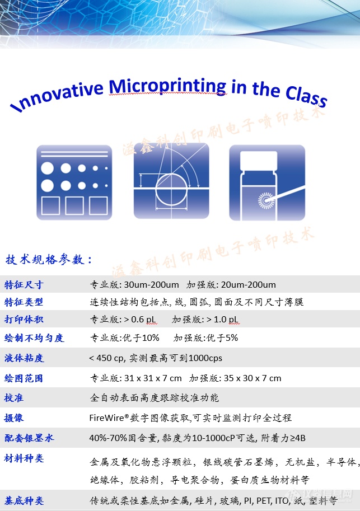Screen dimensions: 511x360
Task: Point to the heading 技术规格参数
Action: click(49, 260)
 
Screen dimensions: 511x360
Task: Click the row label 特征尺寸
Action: click(24, 284)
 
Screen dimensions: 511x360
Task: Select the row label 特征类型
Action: click(24, 302)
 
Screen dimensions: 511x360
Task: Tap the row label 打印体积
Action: click(24, 320)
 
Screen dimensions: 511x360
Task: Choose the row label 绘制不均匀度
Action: click(34, 338)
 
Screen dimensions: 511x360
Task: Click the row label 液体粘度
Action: click(24, 358)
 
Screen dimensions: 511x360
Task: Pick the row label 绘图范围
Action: click(24, 378)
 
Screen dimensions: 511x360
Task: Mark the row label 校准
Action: click(14, 398)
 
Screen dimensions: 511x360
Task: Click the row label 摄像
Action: click(14, 418)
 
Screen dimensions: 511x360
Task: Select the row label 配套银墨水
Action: click(29, 438)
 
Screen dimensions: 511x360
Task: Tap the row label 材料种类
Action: click(24, 458)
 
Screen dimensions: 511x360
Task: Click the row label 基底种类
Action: click(24, 500)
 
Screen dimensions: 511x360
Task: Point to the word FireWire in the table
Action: click(106, 418)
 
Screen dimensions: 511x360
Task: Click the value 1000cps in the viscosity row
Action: click(205, 358)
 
